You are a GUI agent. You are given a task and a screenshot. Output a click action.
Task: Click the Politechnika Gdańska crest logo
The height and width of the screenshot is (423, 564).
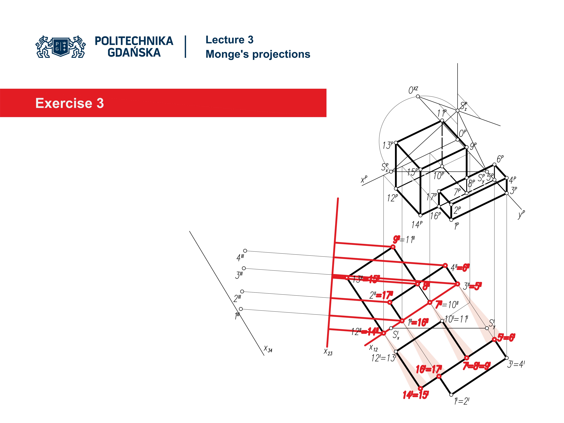(x=61, y=47)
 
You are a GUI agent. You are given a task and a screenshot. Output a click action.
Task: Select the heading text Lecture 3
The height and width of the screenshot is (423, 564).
(x=229, y=40)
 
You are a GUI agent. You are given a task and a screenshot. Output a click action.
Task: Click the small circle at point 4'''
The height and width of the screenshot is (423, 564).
(x=245, y=251)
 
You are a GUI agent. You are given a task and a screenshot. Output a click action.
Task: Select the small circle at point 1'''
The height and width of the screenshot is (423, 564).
(x=241, y=309)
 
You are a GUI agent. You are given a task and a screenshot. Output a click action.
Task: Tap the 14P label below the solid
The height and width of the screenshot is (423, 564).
(x=417, y=225)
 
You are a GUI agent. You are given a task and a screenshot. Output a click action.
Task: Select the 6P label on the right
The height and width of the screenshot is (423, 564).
(x=500, y=159)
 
